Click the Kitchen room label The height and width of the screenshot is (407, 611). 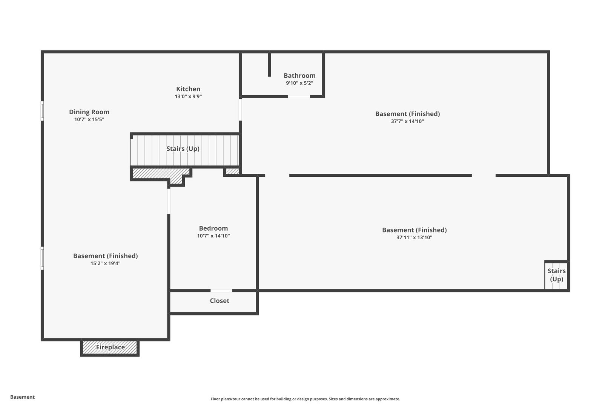point(188,89)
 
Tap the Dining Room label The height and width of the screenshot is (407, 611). point(89,112)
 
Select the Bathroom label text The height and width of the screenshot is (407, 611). point(299,75)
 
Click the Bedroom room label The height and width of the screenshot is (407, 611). point(213,228)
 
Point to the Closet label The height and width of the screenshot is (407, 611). point(220,301)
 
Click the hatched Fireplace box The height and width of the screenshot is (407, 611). point(110,347)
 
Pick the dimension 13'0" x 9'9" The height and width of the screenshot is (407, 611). point(188,96)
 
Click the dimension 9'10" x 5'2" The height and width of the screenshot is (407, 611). point(299,83)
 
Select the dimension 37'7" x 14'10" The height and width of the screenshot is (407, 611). point(407,121)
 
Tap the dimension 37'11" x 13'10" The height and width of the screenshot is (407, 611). point(414,237)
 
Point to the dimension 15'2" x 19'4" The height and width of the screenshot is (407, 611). point(106,263)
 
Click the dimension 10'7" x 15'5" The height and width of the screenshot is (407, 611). point(89,119)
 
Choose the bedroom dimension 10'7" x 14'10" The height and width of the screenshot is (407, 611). point(213,236)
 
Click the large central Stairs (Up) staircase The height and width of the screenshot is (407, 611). point(185,150)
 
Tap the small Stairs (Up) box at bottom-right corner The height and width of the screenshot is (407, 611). point(556,275)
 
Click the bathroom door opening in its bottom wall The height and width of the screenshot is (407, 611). point(299,96)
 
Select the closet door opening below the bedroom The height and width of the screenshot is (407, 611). point(221,291)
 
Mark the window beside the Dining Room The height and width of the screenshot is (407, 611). point(42,111)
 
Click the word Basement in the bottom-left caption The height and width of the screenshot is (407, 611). point(22,397)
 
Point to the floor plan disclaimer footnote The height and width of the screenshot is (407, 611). point(305,399)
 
